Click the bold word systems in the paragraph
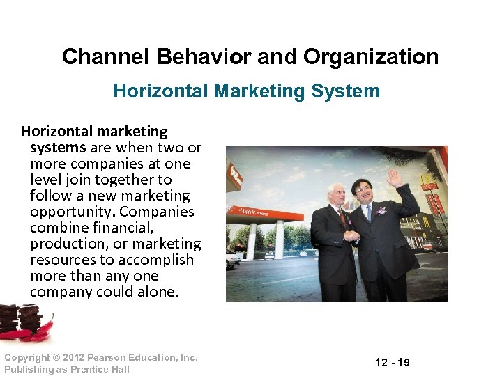click(x=58, y=148)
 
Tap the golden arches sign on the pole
click(x=427, y=182)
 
